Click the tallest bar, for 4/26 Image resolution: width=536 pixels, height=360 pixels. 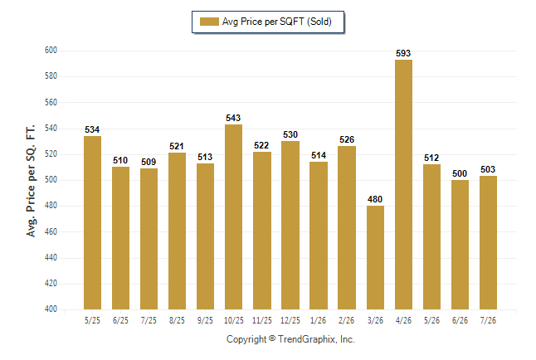point(403,185)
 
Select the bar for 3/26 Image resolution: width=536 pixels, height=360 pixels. point(375,257)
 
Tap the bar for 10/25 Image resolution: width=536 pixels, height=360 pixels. point(233,216)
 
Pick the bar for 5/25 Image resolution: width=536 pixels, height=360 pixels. point(92,222)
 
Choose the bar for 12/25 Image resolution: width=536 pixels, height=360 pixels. point(290,226)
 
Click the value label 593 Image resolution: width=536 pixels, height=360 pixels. point(403,53)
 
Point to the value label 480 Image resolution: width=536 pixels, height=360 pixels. point(375,199)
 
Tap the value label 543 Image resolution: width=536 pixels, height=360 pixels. point(233,118)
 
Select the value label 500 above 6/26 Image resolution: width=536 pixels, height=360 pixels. point(460,173)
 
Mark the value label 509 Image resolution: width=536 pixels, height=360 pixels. point(149,162)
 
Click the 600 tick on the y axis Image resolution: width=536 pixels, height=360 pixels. point(51,51)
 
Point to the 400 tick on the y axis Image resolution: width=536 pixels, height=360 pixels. point(51,309)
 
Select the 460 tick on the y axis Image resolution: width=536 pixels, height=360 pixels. point(51,231)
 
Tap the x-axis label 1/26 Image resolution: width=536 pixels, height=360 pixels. point(319,320)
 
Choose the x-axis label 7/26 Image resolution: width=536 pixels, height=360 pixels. point(488,320)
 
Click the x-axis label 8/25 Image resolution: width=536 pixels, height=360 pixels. point(177,320)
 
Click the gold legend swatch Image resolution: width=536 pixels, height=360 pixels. point(209,22)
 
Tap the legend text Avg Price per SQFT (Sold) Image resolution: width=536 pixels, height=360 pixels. point(277,22)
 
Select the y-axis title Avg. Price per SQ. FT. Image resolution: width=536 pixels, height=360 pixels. point(31,181)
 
